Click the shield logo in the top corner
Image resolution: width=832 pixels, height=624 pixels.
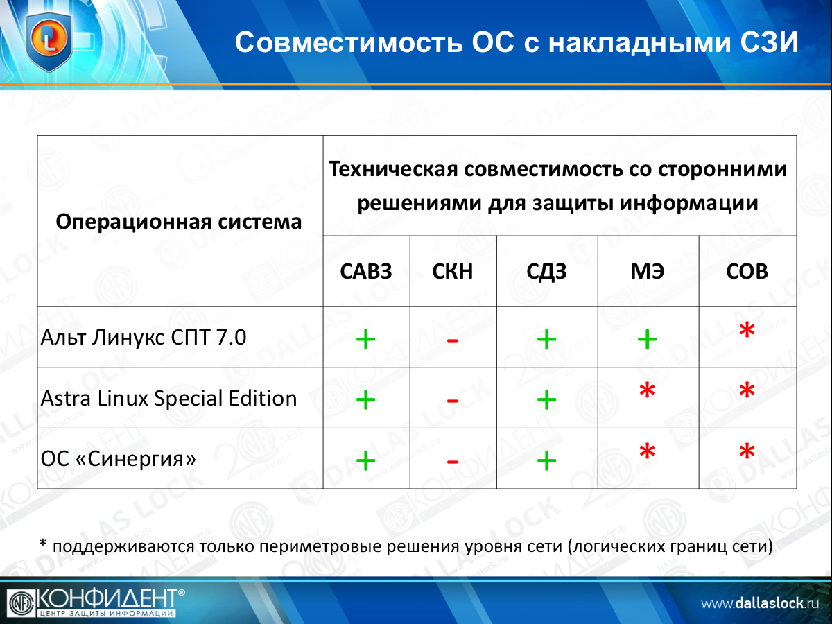[x=49, y=42]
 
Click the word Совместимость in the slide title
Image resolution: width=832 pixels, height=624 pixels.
[x=349, y=42]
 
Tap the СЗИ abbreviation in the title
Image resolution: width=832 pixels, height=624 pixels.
[x=770, y=42]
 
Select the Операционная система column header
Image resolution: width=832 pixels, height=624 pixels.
[x=178, y=222]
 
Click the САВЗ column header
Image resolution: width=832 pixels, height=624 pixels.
[x=366, y=271]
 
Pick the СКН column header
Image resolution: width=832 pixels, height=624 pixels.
[x=453, y=271]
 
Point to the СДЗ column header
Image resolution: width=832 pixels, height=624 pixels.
[x=546, y=272]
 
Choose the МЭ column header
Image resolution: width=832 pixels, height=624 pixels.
[x=648, y=271]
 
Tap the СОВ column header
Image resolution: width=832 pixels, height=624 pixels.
[x=747, y=271]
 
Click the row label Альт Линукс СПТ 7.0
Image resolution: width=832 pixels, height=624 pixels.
[x=144, y=337]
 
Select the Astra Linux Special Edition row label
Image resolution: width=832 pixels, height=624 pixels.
[x=168, y=398]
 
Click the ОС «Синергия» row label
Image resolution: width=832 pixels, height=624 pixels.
[x=119, y=458]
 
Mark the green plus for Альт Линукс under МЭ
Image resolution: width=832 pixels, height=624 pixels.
[x=648, y=339]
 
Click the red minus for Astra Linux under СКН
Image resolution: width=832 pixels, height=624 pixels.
[x=452, y=401]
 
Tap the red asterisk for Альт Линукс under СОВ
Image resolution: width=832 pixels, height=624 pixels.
[x=747, y=329]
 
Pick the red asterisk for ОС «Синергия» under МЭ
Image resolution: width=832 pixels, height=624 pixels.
[x=647, y=451]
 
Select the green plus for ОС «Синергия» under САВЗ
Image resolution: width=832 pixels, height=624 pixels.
[x=366, y=460]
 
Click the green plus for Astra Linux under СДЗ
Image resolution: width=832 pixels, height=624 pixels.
[x=546, y=400]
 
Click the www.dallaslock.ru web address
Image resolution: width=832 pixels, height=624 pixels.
[x=760, y=603]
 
